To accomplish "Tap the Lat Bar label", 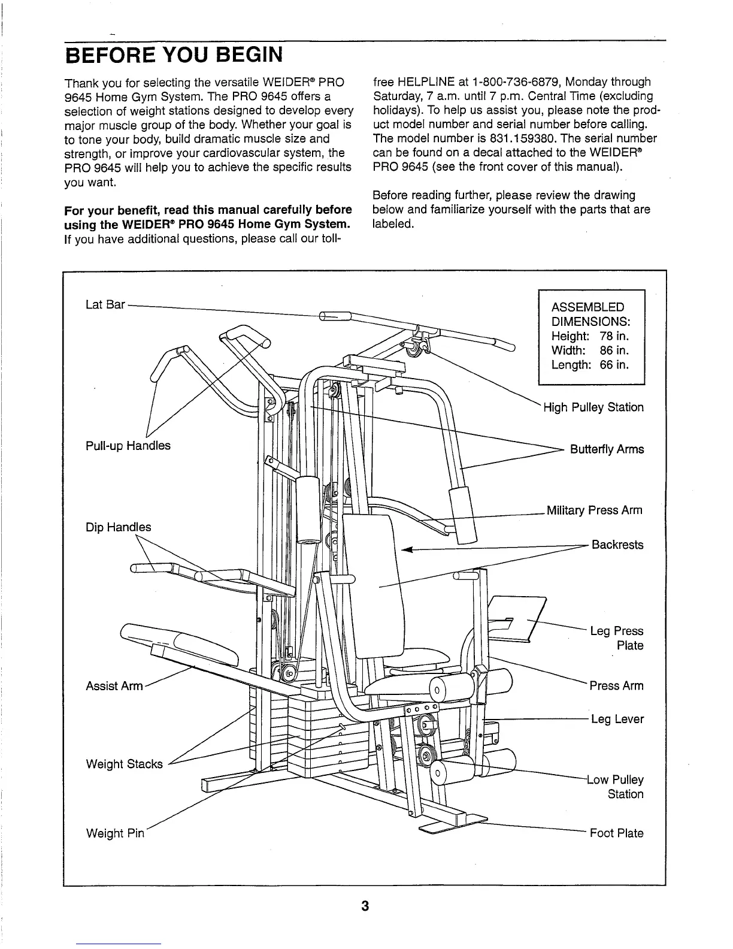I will [x=105, y=304].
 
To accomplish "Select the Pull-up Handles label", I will [x=128, y=445].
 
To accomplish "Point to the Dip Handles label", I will [x=119, y=527].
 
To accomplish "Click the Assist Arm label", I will [x=114, y=685].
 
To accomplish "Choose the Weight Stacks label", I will [x=125, y=764].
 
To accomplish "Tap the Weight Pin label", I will [x=116, y=833].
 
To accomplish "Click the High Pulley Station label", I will [x=593, y=407].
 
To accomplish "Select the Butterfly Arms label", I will [x=607, y=449].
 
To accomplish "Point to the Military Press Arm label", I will [x=594, y=510].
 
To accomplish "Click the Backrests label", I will [x=617, y=545].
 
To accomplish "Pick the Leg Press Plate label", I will [x=617, y=638].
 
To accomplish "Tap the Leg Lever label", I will [x=617, y=719].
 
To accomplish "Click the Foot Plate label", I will [x=617, y=833].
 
